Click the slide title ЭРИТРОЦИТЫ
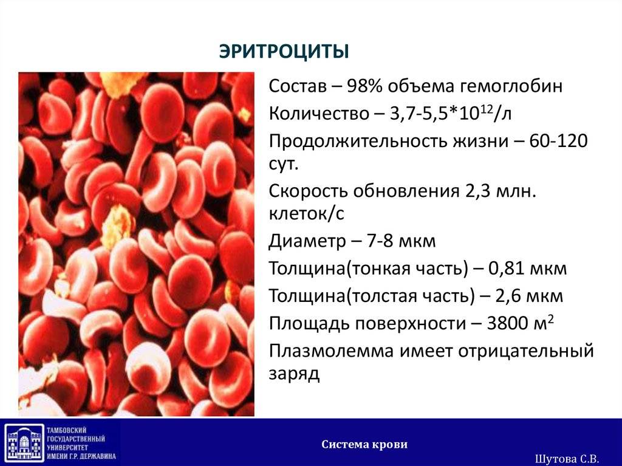pyautogui.click(x=284, y=52)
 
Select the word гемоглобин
pyautogui.click(x=511, y=86)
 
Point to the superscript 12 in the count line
pyautogui.click(x=486, y=108)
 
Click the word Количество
pyautogui.click(x=319, y=114)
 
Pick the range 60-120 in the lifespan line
pyautogui.click(x=558, y=141)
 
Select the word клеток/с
pyautogui.click(x=306, y=214)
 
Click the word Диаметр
pyautogui.click(x=307, y=241)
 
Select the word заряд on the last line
pyautogui.click(x=294, y=374)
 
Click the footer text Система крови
pyautogui.click(x=364, y=444)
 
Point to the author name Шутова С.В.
pyautogui.click(x=567, y=459)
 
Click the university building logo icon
pyautogui.click(x=24, y=442)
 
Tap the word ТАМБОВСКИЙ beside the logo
pyautogui.click(x=67, y=430)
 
